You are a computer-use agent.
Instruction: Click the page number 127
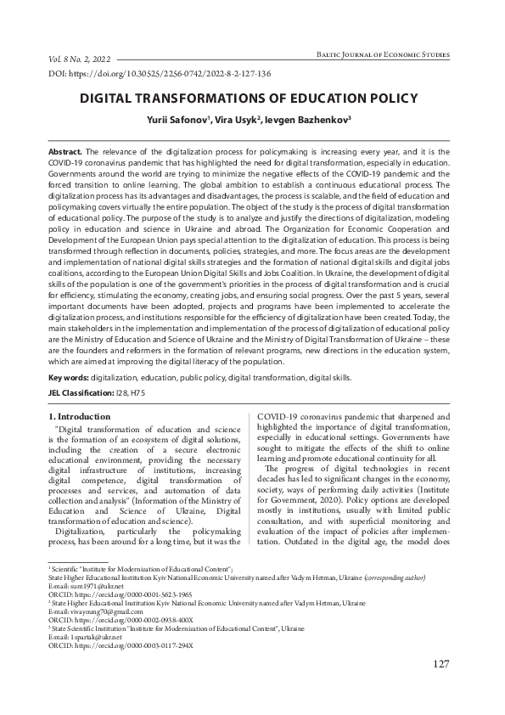pyautogui.click(x=440, y=687)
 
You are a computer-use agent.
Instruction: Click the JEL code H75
pyautogui.click(x=138, y=393)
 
